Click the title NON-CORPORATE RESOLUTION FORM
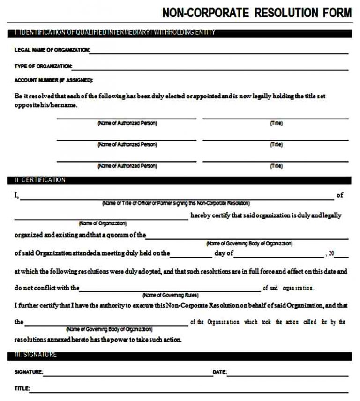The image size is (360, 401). pos(256,13)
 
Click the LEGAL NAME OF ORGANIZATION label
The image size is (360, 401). pos(52,50)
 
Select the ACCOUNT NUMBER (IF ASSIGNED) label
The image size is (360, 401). pos(53,80)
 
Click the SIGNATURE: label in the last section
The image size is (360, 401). pos(29,372)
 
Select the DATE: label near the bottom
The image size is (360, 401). pos(220,372)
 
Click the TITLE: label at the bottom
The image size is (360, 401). pos(22,388)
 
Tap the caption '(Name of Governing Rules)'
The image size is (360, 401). pos(170,296)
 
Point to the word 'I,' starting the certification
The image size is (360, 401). pos(16,195)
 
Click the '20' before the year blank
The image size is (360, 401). pos(331,254)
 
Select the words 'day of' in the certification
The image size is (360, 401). pos(224,254)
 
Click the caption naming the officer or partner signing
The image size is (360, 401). pos(176,204)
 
